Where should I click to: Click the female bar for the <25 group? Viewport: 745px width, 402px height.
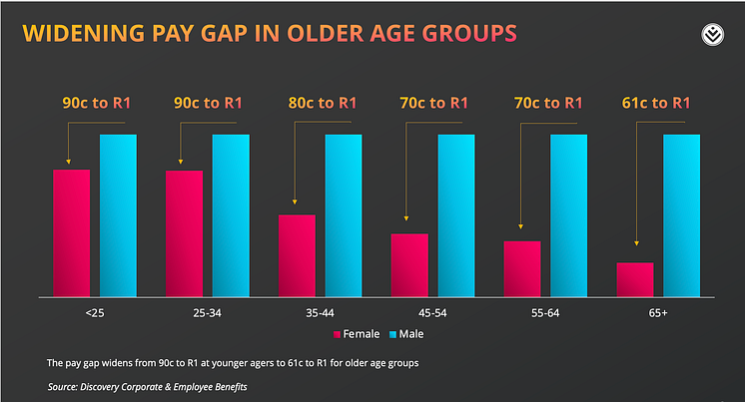[71, 233]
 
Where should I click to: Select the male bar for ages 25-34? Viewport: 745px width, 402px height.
[231, 215]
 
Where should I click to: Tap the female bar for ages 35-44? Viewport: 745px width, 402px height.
[297, 255]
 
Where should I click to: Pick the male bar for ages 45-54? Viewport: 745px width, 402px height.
[456, 215]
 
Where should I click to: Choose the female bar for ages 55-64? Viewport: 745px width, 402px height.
[522, 269]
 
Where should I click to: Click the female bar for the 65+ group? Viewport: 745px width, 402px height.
[635, 279]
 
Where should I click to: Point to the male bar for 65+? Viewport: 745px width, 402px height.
[682, 215]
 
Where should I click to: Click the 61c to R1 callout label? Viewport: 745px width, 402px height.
[656, 103]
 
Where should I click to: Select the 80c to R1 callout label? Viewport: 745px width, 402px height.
[323, 103]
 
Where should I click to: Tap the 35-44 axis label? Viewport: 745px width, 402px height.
[320, 313]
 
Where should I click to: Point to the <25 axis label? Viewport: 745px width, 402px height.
[95, 313]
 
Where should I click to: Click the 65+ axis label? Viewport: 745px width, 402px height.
[658, 313]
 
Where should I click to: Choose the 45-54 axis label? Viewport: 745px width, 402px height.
[432, 313]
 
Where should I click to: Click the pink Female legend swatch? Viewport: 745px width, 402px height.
[337, 334]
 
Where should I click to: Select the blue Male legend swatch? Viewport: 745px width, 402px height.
[392, 334]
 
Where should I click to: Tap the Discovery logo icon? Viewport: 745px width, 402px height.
[713, 35]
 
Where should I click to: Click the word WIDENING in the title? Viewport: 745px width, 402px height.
[84, 33]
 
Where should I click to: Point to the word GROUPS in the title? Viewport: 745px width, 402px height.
[469, 33]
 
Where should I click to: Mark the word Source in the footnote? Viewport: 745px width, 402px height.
[62, 387]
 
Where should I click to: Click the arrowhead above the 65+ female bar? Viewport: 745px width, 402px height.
[637, 243]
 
